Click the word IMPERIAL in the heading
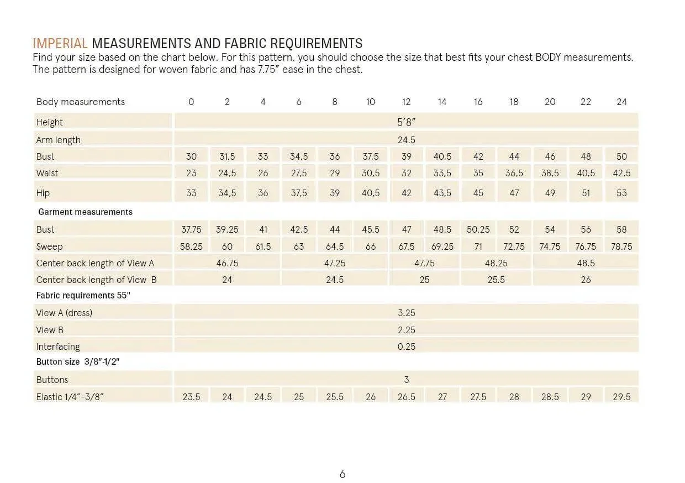click(x=60, y=43)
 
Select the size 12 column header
click(x=407, y=102)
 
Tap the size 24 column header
click(x=621, y=102)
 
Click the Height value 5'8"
click(x=407, y=122)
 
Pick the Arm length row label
click(x=58, y=140)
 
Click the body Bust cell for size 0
click(x=191, y=156)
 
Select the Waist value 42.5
click(x=621, y=173)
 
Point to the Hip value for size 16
click(x=478, y=193)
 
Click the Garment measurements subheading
click(x=85, y=212)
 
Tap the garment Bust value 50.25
click(x=478, y=229)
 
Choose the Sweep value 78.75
click(x=621, y=246)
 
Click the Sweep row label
click(x=49, y=246)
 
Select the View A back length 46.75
click(x=227, y=263)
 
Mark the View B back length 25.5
click(x=496, y=280)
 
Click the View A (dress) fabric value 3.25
click(x=407, y=313)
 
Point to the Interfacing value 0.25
click(x=407, y=347)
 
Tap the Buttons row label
click(x=52, y=380)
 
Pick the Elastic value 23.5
click(x=191, y=397)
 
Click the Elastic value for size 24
click(x=621, y=397)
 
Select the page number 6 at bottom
click(x=342, y=474)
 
